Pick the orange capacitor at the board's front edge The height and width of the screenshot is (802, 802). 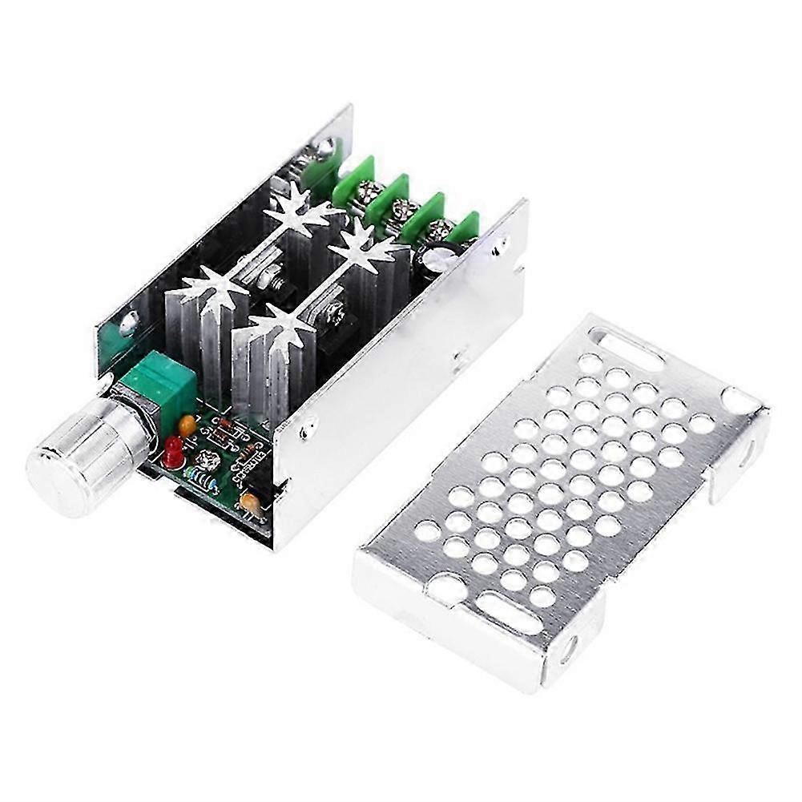pyautogui.click(x=250, y=502)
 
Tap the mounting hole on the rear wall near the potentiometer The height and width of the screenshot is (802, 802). pyautogui.click(x=129, y=324)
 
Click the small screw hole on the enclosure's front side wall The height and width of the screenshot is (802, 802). pyautogui.click(x=305, y=433)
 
